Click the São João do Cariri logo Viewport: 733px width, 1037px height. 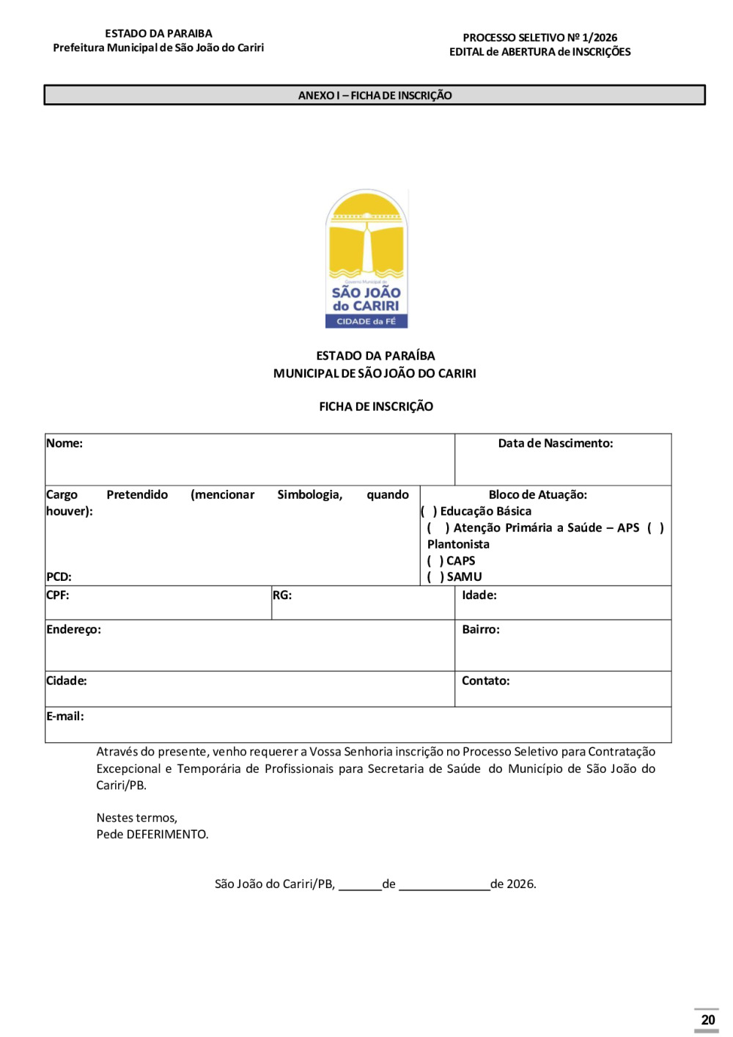click(366, 259)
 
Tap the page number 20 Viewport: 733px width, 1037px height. click(707, 1019)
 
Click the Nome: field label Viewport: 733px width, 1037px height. click(65, 443)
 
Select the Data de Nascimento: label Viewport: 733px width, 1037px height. click(555, 443)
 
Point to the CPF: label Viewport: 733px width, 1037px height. click(58, 595)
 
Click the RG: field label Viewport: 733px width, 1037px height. click(282, 595)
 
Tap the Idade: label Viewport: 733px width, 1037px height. click(479, 595)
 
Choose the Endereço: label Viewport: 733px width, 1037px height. click(73, 629)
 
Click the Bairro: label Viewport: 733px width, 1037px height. click(481, 629)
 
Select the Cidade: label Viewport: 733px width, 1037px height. click(67, 681)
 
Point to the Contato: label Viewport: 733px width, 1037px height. click(485, 681)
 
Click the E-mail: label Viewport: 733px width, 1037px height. click(65, 716)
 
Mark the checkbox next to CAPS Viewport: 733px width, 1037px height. click(435, 560)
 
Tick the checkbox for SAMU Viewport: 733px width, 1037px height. click(435, 576)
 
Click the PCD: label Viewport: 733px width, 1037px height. click(59, 576)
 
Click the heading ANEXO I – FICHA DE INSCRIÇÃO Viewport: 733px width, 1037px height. click(375, 95)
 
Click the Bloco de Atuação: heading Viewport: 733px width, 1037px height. click(537, 494)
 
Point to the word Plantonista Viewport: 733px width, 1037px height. click(458, 544)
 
